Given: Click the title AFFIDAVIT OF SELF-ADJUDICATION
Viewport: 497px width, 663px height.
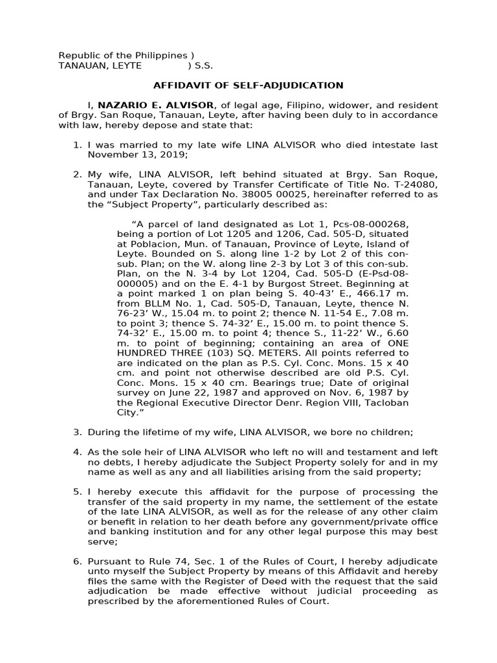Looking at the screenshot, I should pos(248,85).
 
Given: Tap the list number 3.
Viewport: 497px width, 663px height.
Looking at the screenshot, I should pos(77,432).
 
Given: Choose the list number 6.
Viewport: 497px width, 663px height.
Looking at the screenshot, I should pos(77,561).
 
